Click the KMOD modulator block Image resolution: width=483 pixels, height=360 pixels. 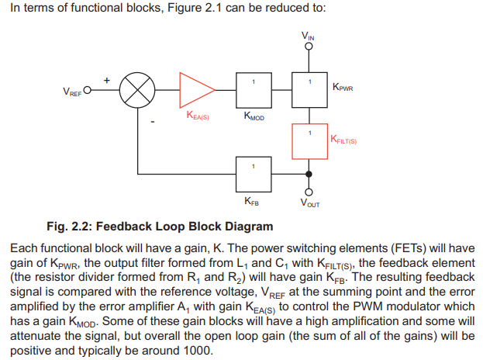point(253,92)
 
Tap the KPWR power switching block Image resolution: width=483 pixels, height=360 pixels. point(309,92)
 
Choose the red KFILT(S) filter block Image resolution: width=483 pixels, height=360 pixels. point(309,141)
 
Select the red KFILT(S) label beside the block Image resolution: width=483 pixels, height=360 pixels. point(343,140)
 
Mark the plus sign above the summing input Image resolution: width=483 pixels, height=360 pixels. point(107,79)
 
